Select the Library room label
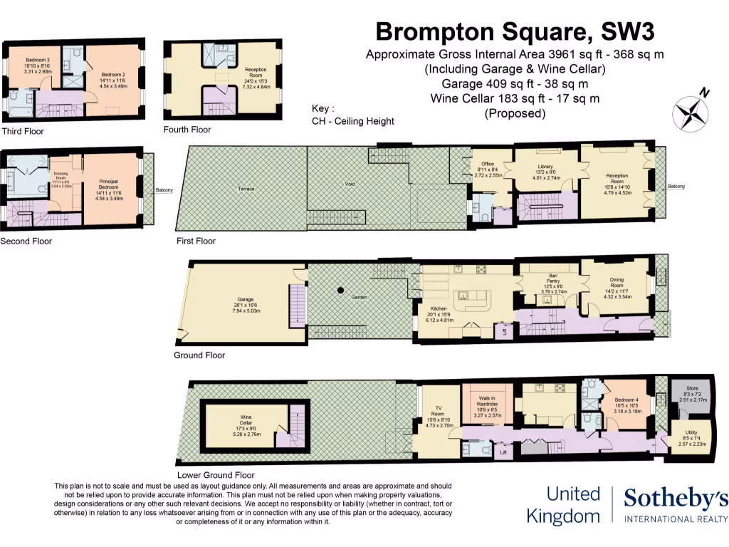point(545,167)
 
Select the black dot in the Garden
point(341,290)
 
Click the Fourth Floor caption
point(187,130)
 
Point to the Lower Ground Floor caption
point(215,474)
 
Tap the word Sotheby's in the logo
point(676,499)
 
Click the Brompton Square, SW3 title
point(514,31)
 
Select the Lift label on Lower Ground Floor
point(504,452)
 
